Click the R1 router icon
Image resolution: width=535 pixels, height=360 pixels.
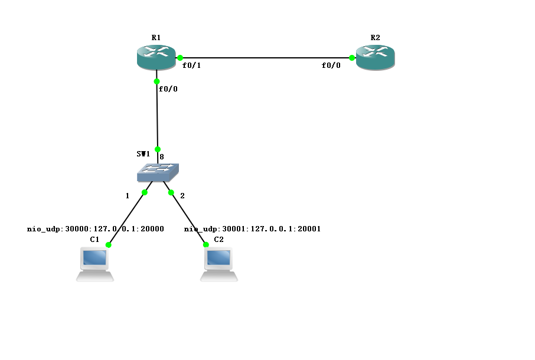(x=156, y=57)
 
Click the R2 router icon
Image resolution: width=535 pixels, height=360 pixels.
(x=375, y=57)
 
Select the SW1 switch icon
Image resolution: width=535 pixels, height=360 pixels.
(x=158, y=172)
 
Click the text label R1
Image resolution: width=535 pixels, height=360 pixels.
(x=156, y=37)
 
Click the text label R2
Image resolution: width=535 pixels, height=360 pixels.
(x=375, y=37)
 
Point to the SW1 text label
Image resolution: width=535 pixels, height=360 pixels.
(x=143, y=153)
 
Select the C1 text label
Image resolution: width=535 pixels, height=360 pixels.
(x=94, y=239)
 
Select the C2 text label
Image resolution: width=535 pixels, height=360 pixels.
(x=218, y=239)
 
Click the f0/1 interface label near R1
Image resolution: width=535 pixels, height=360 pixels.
(x=192, y=66)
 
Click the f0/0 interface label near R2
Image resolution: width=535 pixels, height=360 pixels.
(x=331, y=66)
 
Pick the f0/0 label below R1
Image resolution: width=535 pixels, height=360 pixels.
(x=168, y=89)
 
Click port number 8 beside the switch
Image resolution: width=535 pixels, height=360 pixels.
(x=162, y=158)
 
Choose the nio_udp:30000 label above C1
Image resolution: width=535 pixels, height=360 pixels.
(x=95, y=228)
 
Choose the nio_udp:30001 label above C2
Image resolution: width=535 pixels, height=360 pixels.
(x=252, y=229)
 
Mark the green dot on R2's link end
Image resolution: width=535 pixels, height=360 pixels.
(x=352, y=58)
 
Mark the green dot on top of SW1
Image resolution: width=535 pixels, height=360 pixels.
(x=158, y=149)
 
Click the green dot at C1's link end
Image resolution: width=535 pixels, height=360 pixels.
(x=109, y=244)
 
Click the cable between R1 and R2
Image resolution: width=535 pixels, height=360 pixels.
(x=266, y=58)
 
